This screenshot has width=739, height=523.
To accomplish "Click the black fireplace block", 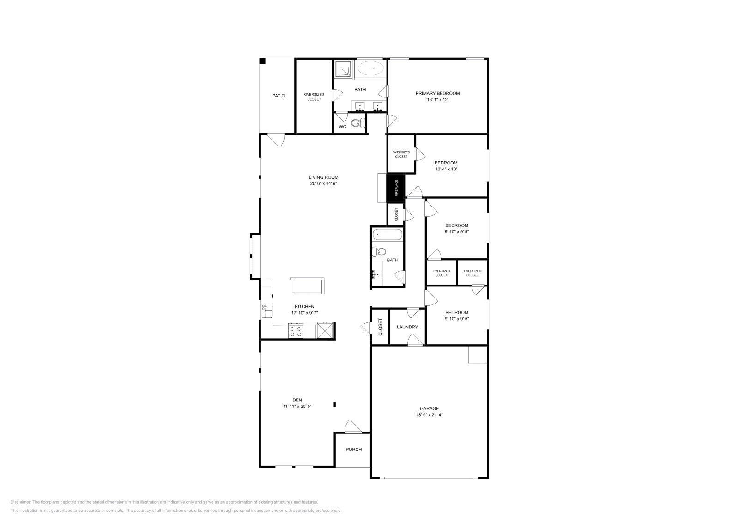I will pos(396,188).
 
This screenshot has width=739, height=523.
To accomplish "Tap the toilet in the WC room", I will pos(357,123).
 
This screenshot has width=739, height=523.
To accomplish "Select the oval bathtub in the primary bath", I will pos(371,69).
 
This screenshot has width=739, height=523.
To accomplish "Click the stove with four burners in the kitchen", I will pos(296,331).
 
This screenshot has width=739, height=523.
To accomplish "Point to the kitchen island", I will pos(307,286).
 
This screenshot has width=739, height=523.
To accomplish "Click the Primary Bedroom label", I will pos(437,93).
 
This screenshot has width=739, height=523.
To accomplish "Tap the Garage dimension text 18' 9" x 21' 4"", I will pos(430,415).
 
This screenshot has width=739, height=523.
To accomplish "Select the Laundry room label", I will pos(407,327).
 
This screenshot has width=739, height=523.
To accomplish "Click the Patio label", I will pos(279,96).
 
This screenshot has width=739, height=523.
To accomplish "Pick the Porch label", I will pos(354,450).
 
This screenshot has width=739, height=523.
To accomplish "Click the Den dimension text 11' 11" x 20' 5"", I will pos(297,407).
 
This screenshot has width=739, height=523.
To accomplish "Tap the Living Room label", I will pos(323,177).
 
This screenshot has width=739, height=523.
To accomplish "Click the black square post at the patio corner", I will pos(262,61).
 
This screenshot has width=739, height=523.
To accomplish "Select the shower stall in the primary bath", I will pos(343,68).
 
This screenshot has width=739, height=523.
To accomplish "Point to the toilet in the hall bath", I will pos(380,252).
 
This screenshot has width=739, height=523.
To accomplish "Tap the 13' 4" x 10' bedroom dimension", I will pos(446,169).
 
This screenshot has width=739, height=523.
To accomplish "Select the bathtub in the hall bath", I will pos(387,234).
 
